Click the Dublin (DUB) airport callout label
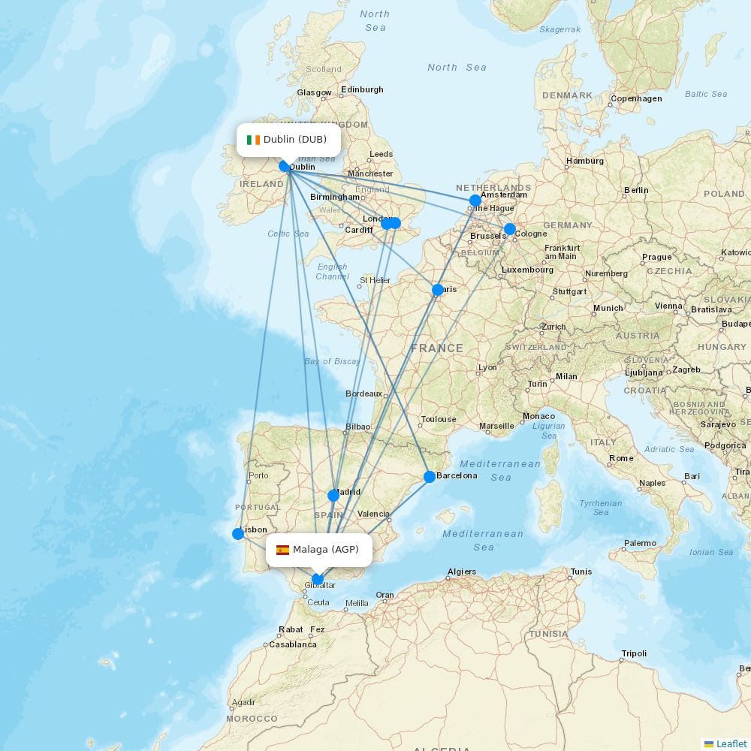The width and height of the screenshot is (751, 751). point(289,140)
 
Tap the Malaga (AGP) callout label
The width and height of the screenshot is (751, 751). point(320,550)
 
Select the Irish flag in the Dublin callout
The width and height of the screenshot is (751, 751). point(253,140)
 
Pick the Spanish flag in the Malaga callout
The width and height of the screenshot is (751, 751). point(282,550)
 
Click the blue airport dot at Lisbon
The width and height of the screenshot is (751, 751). point(238,534)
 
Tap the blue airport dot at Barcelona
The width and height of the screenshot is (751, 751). point(429,477)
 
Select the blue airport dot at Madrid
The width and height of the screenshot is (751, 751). point(333,496)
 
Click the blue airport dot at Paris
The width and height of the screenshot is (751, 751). point(438,290)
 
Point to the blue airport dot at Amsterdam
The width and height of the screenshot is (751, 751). point(475,201)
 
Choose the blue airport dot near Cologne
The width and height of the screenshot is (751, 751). point(510,229)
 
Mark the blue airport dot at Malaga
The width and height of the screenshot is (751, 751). point(318,579)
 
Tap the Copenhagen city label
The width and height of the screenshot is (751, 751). point(636,98)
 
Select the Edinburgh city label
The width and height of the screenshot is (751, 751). point(362,89)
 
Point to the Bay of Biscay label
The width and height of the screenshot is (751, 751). point(332,361)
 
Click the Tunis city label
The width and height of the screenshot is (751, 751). point(581,572)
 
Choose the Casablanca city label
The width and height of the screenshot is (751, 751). point(292,644)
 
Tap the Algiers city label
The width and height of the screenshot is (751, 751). point(461,572)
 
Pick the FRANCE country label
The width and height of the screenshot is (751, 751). point(436,348)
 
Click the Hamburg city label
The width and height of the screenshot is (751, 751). point(585,161)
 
